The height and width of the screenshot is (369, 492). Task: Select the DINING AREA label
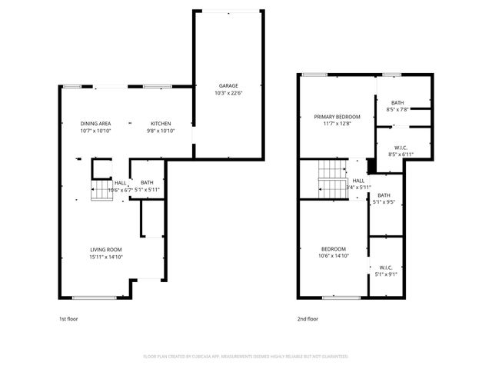[96, 124]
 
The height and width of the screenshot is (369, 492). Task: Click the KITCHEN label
[160, 124]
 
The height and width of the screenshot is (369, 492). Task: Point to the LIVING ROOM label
[105, 249]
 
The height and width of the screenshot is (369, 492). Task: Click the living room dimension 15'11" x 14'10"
[105, 258]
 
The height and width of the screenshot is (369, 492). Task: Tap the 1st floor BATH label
[147, 182]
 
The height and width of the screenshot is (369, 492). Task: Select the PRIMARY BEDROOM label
[337, 117]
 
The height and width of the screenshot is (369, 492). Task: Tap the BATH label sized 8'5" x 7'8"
[397, 102]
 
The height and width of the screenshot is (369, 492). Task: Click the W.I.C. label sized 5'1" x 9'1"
[386, 267]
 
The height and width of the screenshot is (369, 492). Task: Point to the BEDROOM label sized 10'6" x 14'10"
[334, 249]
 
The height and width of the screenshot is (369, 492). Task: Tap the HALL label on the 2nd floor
[358, 180]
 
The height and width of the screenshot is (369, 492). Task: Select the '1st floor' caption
[68, 318]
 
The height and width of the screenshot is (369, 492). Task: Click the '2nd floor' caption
[307, 318]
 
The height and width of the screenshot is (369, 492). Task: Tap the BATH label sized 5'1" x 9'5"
[383, 195]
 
